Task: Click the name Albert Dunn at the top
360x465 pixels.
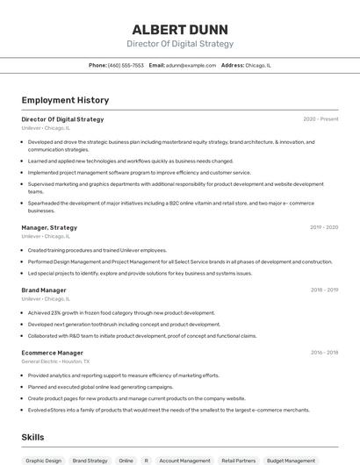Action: tap(180, 27)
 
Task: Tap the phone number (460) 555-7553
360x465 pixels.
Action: tap(126, 65)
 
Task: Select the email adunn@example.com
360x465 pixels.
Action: tap(191, 65)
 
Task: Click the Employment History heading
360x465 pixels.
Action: tap(65, 100)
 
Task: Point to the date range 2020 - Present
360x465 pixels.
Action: tap(320, 119)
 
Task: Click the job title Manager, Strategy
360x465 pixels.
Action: tap(49, 228)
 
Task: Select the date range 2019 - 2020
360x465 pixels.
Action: tap(323, 228)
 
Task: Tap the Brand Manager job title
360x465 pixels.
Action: tap(44, 290)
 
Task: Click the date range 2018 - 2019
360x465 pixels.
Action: tap(324, 290)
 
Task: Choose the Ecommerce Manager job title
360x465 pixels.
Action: tap(53, 353)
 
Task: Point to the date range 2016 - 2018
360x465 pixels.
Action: tap(324, 353)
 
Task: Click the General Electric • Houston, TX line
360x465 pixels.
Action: tap(55, 361)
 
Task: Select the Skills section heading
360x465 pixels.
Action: tap(32, 437)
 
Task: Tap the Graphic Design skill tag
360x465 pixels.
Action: tap(43, 460)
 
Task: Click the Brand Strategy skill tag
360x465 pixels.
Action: tap(90, 460)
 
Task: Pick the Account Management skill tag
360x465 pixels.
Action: tap(184, 460)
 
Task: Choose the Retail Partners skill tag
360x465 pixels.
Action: tap(238, 460)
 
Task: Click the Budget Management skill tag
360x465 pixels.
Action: tap(291, 460)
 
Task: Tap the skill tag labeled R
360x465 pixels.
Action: tap(146, 460)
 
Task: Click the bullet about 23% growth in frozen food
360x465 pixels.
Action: tap(121, 312)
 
